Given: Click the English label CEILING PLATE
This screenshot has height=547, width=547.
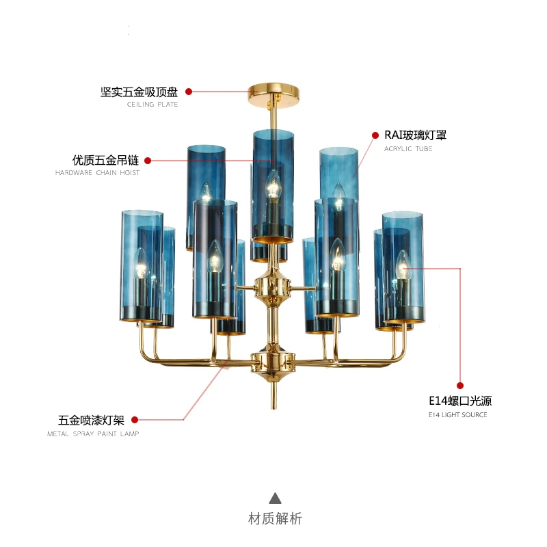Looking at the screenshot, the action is [x=152, y=105].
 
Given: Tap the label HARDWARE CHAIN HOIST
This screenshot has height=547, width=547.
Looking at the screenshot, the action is [x=97, y=173].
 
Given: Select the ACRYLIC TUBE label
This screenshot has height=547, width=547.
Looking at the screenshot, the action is [x=408, y=148].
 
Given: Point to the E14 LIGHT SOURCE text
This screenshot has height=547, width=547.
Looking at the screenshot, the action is [x=457, y=415].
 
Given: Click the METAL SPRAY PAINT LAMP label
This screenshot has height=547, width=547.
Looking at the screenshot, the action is [x=93, y=434].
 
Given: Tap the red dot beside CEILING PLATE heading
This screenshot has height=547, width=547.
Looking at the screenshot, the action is [x=189, y=92].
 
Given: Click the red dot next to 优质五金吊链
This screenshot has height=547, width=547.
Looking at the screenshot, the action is [x=148, y=161].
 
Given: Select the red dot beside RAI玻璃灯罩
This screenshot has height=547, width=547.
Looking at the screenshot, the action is [x=375, y=135].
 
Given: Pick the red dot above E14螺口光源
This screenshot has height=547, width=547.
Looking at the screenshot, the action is [x=460, y=386].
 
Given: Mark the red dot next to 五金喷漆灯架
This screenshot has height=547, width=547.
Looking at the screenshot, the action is [x=135, y=420].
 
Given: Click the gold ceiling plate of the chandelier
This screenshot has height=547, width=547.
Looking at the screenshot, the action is [x=273, y=94].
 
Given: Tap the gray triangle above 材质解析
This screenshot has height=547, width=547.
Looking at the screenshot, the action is [x=276, y=498].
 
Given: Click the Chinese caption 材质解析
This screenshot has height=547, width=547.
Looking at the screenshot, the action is [x=276, y=519].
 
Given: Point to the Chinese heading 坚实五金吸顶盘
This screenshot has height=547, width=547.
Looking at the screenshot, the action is [x=139, y=92].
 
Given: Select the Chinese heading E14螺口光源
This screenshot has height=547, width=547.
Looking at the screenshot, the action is [x=460, y=401].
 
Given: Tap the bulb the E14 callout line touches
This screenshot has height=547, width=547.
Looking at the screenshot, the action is [x=403, y=265].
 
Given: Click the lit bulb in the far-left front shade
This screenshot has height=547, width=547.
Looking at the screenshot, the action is [x=141, y=263].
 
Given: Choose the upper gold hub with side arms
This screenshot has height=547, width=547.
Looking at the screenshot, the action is [x=272, y=288].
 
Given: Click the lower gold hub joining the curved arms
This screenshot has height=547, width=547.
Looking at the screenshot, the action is [x=273, y=363].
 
